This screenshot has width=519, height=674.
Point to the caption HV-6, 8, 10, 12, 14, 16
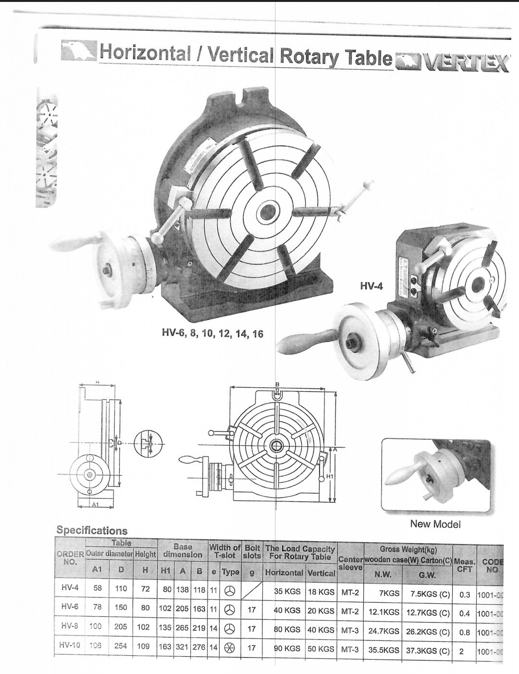pos(212,333)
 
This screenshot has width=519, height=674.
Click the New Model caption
pos(435,524)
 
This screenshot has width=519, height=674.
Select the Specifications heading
pos(92,531)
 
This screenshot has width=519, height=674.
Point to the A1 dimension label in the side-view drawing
pos(95,505)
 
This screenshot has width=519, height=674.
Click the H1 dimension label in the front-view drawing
pos(330,476)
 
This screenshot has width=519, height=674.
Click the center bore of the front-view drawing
pos(276,445)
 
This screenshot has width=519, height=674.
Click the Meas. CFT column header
pos(465,565)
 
